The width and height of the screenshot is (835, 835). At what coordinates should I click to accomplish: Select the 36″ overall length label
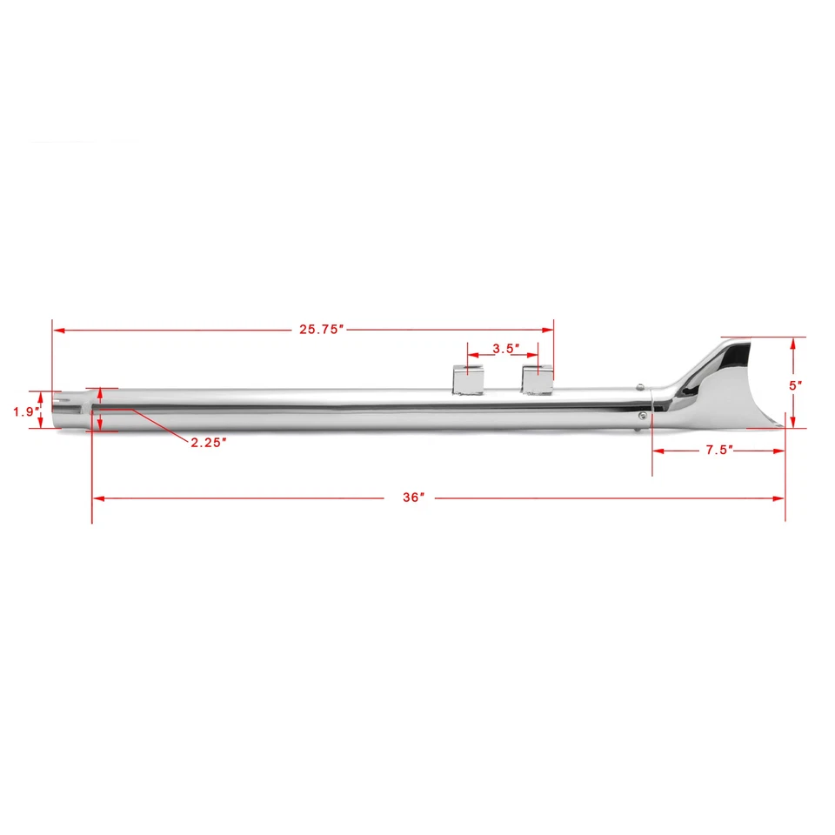414,498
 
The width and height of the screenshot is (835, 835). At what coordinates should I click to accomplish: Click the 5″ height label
795,384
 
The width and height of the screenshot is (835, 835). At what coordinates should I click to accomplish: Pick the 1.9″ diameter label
24,412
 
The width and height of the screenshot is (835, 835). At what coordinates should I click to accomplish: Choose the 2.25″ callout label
209,442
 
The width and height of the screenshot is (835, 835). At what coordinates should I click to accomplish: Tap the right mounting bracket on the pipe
538,379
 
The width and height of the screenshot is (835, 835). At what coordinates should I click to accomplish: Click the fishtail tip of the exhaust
726,383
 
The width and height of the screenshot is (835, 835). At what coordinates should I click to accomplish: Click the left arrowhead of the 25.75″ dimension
58,330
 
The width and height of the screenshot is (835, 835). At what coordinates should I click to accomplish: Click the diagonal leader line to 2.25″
161,424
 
